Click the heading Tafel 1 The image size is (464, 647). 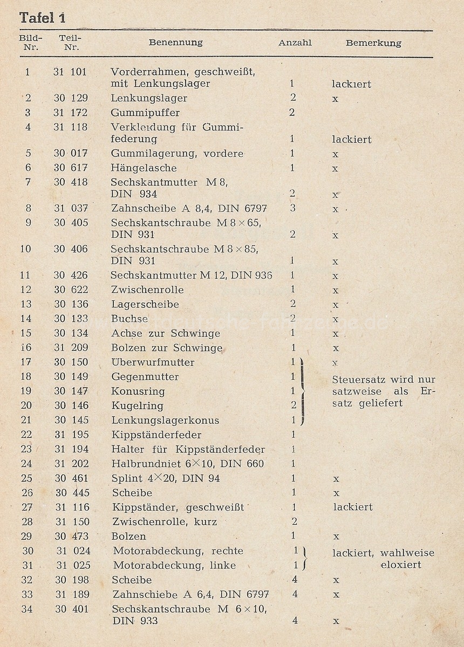43,18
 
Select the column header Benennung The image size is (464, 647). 175,43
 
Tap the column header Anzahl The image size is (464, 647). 295,43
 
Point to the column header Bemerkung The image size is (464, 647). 373,43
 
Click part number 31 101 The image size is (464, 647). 70,71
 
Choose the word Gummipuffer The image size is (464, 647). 145,113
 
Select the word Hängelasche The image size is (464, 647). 144,168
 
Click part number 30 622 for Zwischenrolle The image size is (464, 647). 71,290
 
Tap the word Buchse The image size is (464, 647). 129,319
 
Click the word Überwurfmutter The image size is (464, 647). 153,362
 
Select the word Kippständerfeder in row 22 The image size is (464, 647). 156,435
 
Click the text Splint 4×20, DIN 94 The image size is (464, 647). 166,478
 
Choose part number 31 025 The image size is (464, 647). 73,565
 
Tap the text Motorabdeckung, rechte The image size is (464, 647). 178,550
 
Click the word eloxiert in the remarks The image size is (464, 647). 400,565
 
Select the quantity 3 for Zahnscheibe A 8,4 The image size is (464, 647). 292,208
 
